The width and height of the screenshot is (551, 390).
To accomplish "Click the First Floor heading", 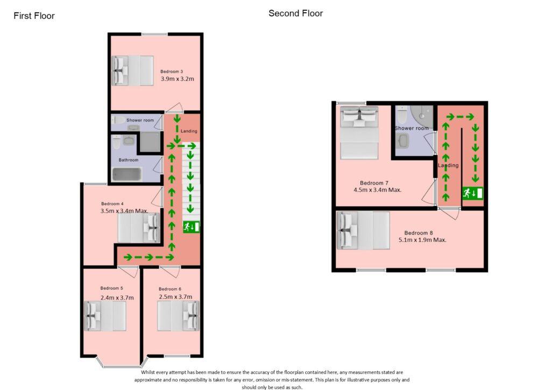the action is [x=34, y=16].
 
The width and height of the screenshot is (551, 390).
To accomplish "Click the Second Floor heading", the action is [x=295, y=13].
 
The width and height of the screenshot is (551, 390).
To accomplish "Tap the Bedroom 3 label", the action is [x=172, y=72].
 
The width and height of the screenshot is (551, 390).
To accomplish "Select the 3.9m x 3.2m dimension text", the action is [x=178, y=79].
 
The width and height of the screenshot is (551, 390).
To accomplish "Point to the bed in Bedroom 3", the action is [x=132, y=71].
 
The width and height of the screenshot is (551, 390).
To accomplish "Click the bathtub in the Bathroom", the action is [x=127, y=174].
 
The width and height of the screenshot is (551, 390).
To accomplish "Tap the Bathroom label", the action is [x=128, y=159].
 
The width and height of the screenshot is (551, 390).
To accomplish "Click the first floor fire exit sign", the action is [x=191, y=226].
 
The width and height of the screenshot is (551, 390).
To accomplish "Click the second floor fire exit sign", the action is [x=472, y=193].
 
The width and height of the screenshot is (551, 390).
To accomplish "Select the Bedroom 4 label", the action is [x=112, y=204].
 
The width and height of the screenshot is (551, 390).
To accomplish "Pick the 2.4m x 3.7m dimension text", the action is [x=117, y=297].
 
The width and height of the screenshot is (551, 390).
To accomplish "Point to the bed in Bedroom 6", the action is [x=178, y=316].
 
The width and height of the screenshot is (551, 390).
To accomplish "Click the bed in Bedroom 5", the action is [x=105, y=316].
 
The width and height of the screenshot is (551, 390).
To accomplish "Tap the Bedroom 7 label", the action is [x=374, y=183].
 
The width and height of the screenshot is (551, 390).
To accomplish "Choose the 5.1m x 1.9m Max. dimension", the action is [x=422, y=240].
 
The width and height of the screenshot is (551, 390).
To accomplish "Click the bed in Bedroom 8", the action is [x=363, y=231].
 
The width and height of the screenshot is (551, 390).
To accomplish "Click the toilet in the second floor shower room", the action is [x=402, y=114].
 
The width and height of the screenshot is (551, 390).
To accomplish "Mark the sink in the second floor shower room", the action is [x=402, y=141].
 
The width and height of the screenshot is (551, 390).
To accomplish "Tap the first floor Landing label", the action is [x=189, y=131].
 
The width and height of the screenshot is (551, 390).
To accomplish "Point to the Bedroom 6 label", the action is [x=169, y=289].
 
